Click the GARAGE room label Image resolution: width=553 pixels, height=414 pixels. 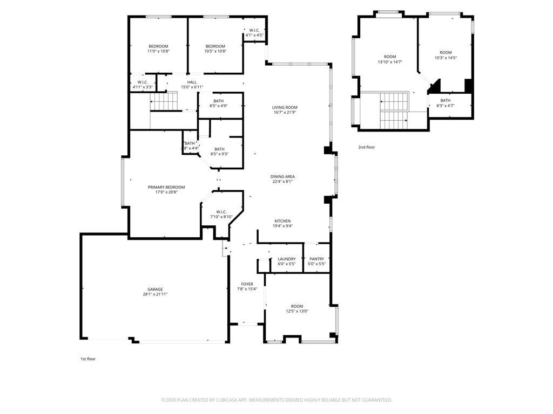(x=156, y=289)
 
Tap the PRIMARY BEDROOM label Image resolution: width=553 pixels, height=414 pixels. (x=166, y=187)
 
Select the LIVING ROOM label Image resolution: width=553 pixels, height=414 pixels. (x=285, y=107)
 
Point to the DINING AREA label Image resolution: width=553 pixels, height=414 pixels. (x=283, y=176)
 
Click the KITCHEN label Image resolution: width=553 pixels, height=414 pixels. (x=282, y=221)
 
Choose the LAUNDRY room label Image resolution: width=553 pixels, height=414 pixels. (x=286, y=259)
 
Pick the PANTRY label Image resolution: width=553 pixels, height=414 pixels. (x=316, y=259)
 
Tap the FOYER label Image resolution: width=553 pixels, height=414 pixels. (x=247, y=284)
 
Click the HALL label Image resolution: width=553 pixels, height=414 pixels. (x=192, y=82)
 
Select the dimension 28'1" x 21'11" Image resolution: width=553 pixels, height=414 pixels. (x=156, y=294)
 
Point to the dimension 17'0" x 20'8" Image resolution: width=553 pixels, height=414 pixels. (x=166, y=192)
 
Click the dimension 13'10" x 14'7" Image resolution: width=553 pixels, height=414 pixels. (x=390, y=62)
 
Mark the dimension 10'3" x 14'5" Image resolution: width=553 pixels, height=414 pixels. (x=446, y=58)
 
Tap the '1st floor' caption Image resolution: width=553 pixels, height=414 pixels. (x=88, y=358)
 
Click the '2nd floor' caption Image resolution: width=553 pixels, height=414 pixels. (x=366, y=147)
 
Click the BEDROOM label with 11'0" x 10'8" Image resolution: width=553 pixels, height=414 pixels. (x=159, y=46)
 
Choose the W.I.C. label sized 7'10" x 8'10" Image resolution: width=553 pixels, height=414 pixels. (x=221, y=212)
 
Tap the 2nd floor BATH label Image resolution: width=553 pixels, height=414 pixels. (x=445, y=100)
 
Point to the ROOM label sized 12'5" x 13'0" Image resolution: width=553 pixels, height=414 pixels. (x=297, y=306)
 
